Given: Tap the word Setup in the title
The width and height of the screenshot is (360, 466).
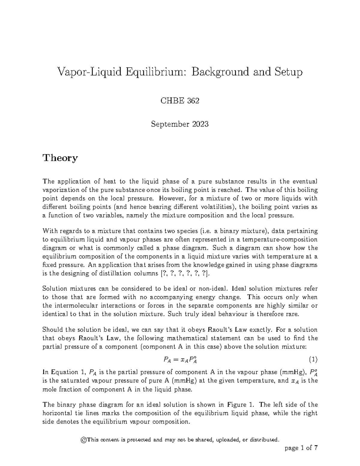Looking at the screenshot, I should click(287, 72).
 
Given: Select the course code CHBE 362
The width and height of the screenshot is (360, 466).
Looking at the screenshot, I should click(180, 101).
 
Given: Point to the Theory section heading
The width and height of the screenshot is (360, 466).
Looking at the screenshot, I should click(60, 158).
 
